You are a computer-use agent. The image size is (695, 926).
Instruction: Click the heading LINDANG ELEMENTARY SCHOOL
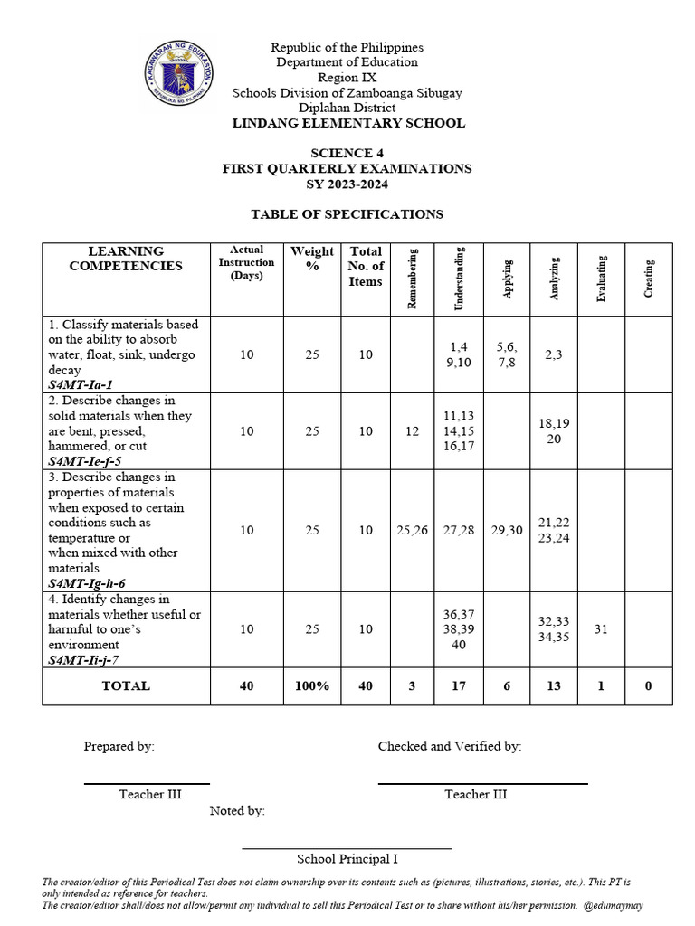(x=347, y=123)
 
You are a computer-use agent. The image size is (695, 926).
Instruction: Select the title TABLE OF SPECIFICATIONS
(x=347, y=214)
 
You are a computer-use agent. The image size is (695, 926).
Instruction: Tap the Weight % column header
(x=312, y=259)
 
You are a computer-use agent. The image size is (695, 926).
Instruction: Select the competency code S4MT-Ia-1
(x=86, y=385)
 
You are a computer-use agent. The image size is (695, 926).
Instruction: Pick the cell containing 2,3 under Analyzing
(x=553, y=354)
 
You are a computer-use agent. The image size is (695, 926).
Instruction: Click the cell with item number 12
(x=413, y=431)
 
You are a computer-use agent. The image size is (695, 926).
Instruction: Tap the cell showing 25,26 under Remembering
(x=413, y=531)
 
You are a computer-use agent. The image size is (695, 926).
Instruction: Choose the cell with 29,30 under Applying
(x=507, y=531)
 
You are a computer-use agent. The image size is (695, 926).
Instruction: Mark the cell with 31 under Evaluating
(x=601, y=629)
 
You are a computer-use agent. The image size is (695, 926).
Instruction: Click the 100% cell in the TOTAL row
(x=312, y=686)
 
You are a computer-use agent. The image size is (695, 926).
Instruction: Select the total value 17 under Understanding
(x=459, y=686)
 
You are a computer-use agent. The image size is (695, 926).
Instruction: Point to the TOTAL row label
(x=126, y=686)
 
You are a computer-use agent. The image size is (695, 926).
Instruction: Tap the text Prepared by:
(x=119, y=746)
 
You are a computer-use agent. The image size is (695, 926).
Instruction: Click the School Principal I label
(x=347, y=859)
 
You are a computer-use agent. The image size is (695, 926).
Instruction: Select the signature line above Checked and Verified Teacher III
(x=482, y=783)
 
